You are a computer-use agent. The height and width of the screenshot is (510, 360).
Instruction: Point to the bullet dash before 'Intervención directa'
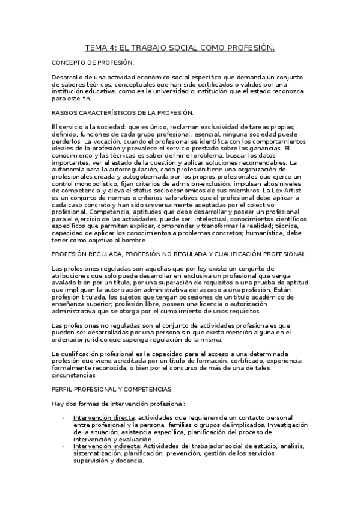click(64, 417)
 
